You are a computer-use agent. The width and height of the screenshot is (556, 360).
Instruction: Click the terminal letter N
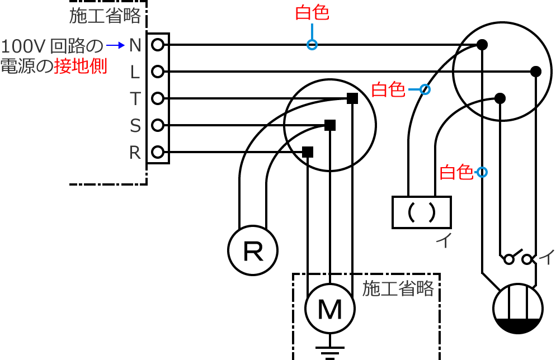click(x=135, y=45)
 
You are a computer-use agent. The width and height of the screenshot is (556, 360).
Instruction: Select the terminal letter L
click(x=135, y=72)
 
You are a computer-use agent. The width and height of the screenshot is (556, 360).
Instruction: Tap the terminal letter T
click(x=135, y=99)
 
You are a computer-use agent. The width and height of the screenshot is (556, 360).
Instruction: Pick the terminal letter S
click(x=135, y=126)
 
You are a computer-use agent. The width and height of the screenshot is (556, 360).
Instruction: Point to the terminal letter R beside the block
click(x=135, y=153)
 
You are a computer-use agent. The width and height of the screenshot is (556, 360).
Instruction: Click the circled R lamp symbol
click(x=253, y=251)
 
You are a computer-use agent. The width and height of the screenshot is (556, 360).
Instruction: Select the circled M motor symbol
click(x=330, y=308)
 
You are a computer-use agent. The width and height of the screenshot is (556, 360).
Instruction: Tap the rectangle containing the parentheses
click(x=421, y=212)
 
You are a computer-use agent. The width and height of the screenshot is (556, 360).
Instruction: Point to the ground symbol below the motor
click(x=330, y=353)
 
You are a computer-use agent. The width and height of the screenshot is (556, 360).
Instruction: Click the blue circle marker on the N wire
click(x=312, y=45)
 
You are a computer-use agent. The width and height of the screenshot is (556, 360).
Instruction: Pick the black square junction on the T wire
click(x=352, y=98)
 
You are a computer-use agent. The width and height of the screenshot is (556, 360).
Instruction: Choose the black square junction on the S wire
click(x=330, y=125)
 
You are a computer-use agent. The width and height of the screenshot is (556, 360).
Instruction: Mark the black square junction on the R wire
click(x=308, y=151)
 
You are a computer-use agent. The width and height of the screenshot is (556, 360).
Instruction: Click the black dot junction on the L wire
click(x=535, y=72)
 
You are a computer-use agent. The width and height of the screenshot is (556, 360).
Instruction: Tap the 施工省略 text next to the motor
click(x=398, y=288)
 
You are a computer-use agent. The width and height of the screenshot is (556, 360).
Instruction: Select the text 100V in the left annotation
click(x=24, y=45)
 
